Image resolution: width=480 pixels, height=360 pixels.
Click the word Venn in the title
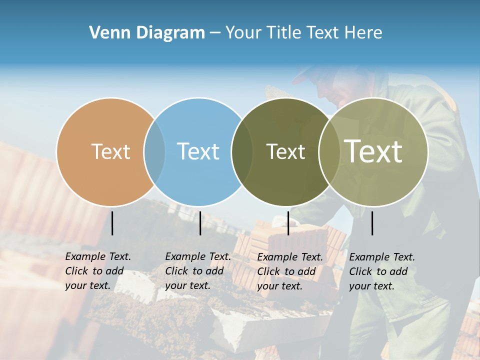tap(105, 33)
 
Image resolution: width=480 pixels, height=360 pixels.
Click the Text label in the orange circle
tap(110, 151)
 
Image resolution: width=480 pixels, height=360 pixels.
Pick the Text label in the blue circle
tap(198, 151)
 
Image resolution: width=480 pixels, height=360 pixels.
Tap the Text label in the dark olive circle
tap(285, 151)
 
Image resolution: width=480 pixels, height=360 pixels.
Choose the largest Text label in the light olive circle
tap(373, 151)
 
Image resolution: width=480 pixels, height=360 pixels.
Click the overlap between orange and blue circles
tap(154, 152)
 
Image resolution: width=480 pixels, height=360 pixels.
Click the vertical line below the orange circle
tap(112, 223)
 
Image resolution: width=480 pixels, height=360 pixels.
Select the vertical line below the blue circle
tap(200, 223)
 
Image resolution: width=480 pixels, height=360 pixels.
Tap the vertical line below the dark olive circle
tap(288, 223)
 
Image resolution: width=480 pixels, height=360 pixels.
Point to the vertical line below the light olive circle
tap(372, 223)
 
